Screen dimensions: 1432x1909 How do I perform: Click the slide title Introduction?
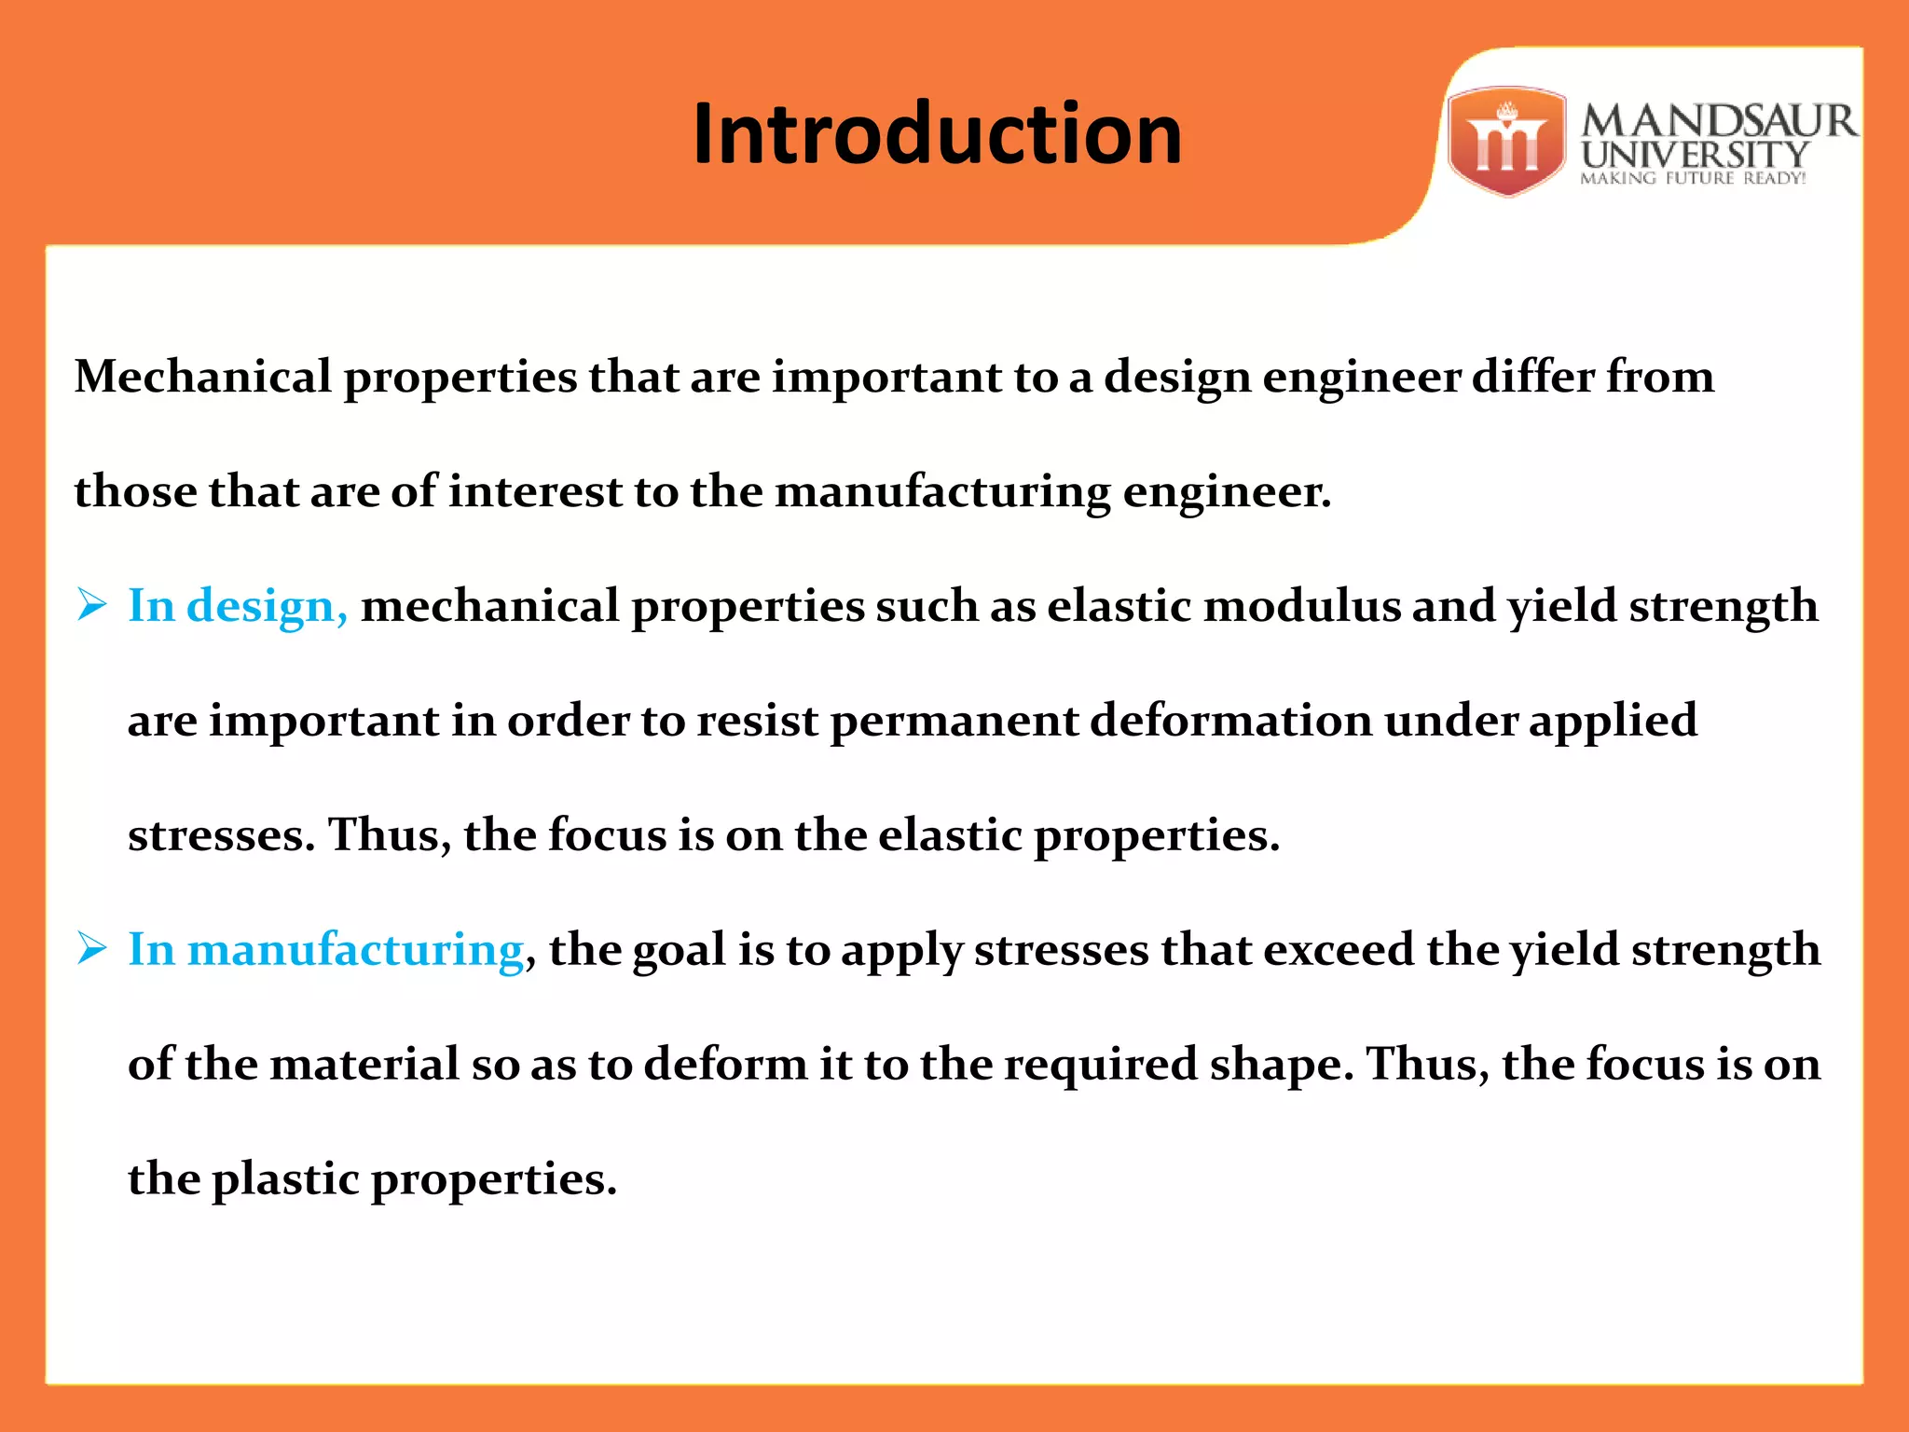(x=937, y=134)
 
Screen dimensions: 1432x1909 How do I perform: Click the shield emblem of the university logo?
(x=1506, y=142)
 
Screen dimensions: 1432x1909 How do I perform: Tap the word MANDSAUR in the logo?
(x=1719, y=121)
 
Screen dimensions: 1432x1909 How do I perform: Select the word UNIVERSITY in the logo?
(x=1695, y=155)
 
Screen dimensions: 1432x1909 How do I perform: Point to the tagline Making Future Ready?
(x=1693, y=178)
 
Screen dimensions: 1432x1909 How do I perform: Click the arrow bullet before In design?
(x=92, y=605)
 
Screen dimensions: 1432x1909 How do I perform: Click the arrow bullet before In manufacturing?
(x=92, y=949)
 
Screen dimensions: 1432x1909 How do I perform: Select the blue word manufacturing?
(x=355, y=950)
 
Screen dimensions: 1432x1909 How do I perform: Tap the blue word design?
(x=267, y=607)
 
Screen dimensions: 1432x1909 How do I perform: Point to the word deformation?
(x=1230, y=721)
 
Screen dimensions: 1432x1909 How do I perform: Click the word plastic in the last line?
(x=285, y=1179)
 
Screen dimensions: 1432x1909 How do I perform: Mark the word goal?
(x=679, y=951)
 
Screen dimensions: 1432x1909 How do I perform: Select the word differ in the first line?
(x=1532, y=377)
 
